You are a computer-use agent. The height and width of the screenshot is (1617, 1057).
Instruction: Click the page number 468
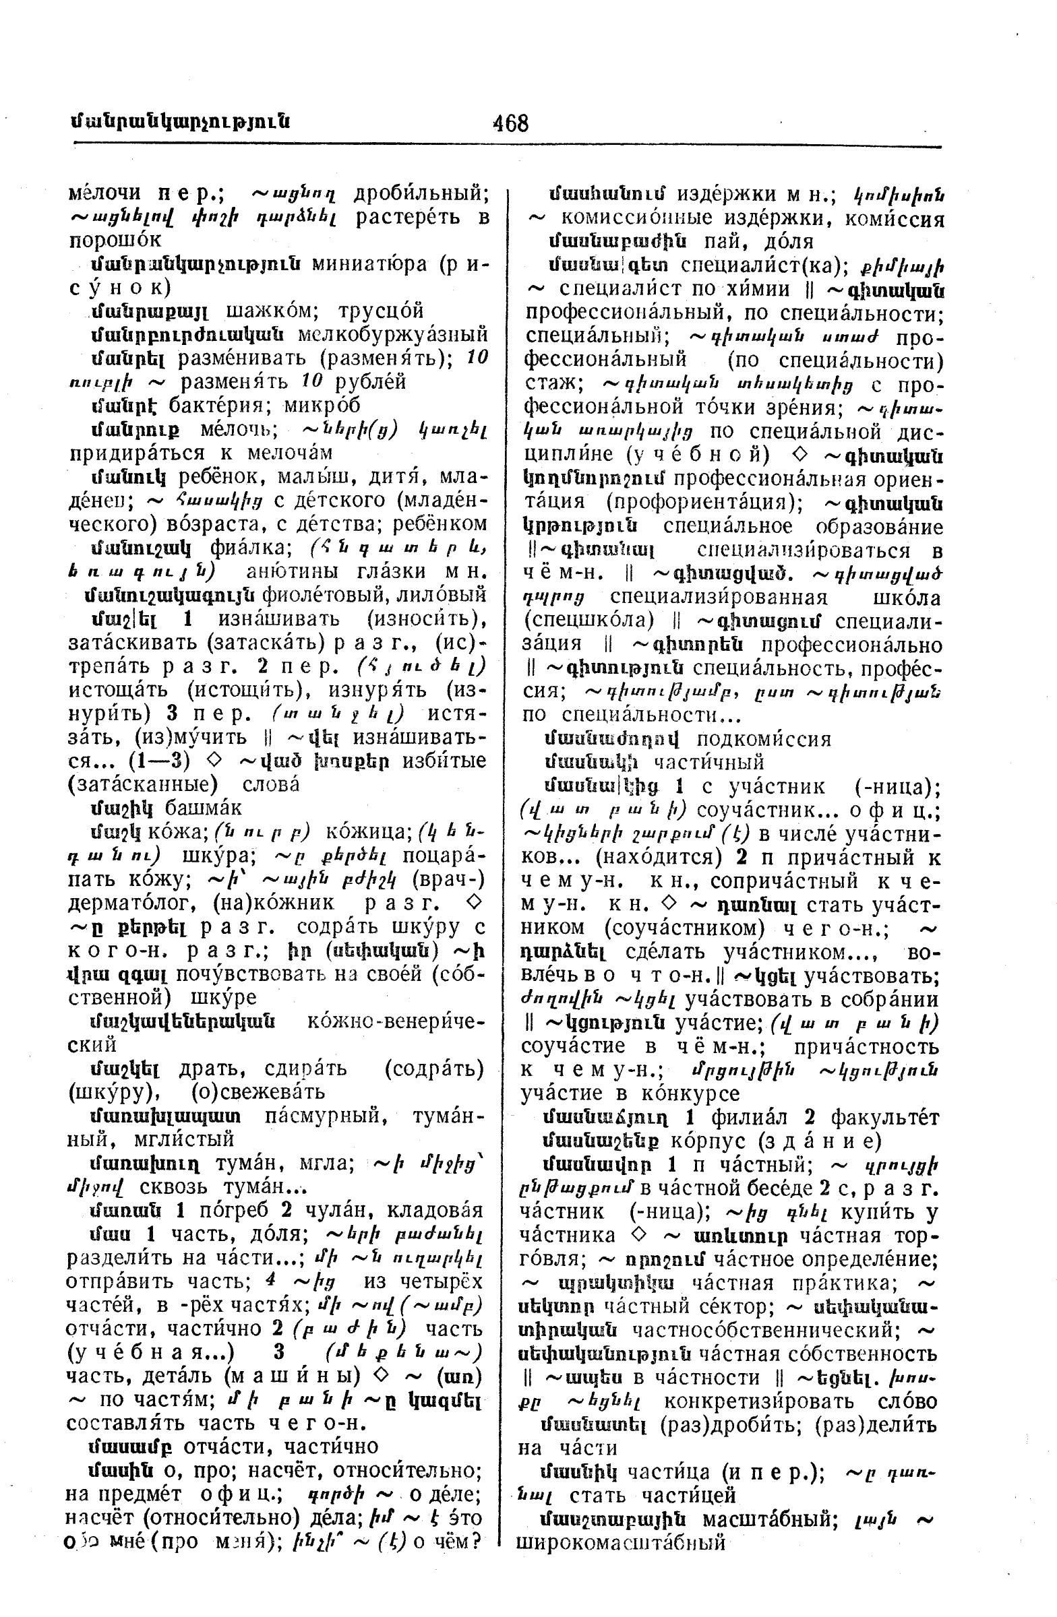point(510,123)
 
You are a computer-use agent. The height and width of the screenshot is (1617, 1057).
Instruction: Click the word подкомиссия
point(764,739)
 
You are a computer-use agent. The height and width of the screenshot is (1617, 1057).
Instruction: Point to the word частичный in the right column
point(709,762)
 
